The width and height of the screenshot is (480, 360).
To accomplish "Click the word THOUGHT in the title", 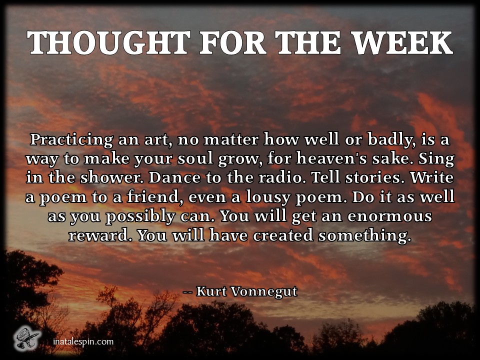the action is pos(108,42).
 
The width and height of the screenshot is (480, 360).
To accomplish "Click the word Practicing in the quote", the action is pos(71,140).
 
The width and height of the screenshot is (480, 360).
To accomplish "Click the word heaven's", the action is pos(331,158).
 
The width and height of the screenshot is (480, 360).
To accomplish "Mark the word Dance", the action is pos(174,178).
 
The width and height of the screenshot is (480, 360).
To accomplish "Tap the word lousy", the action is pos(268,197).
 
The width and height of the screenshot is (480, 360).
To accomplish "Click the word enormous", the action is pos(389,216).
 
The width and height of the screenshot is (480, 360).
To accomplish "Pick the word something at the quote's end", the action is pos(364,235).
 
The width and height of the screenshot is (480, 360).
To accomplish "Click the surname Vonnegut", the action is pos(263,291).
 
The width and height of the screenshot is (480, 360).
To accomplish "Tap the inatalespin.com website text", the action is pos(83,341).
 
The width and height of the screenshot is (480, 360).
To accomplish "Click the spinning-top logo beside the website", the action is pos(27,338).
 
